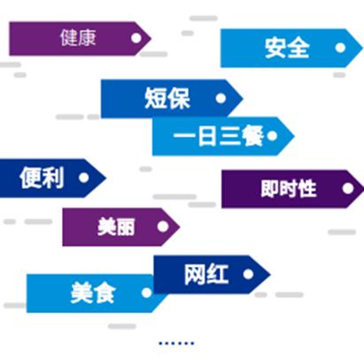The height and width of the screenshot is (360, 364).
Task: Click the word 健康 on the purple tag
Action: point(78,38)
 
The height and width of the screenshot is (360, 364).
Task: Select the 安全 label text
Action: point(287,48)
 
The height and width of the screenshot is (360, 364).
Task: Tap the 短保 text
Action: point(167,98)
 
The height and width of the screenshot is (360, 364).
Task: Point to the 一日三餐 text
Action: point(219,136)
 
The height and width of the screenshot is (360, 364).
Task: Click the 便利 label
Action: point(42,177)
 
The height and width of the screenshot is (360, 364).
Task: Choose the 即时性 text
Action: point(289,189)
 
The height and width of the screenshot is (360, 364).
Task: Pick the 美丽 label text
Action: point(116,227)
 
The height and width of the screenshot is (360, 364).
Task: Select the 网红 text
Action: point(206,274)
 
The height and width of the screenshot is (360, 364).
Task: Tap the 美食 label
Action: point(93,293)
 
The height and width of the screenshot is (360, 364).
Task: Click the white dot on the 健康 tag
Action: point(136,38)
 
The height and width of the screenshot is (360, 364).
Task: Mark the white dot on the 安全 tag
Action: point(340,48)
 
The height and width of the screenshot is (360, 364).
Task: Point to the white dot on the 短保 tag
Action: point(221,98)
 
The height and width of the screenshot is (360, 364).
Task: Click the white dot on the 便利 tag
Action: point(84,177)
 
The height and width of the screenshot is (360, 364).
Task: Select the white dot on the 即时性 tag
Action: point(348,188)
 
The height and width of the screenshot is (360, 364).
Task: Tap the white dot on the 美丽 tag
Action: point(163,227)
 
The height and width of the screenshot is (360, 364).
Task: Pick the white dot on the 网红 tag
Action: point(248,274)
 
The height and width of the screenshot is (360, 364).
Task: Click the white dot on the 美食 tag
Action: point(147,293)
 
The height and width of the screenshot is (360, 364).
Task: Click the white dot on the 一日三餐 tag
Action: point(272,136)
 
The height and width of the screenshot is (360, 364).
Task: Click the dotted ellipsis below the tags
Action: point(176,343)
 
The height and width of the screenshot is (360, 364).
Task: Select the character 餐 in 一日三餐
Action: point(252,136)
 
